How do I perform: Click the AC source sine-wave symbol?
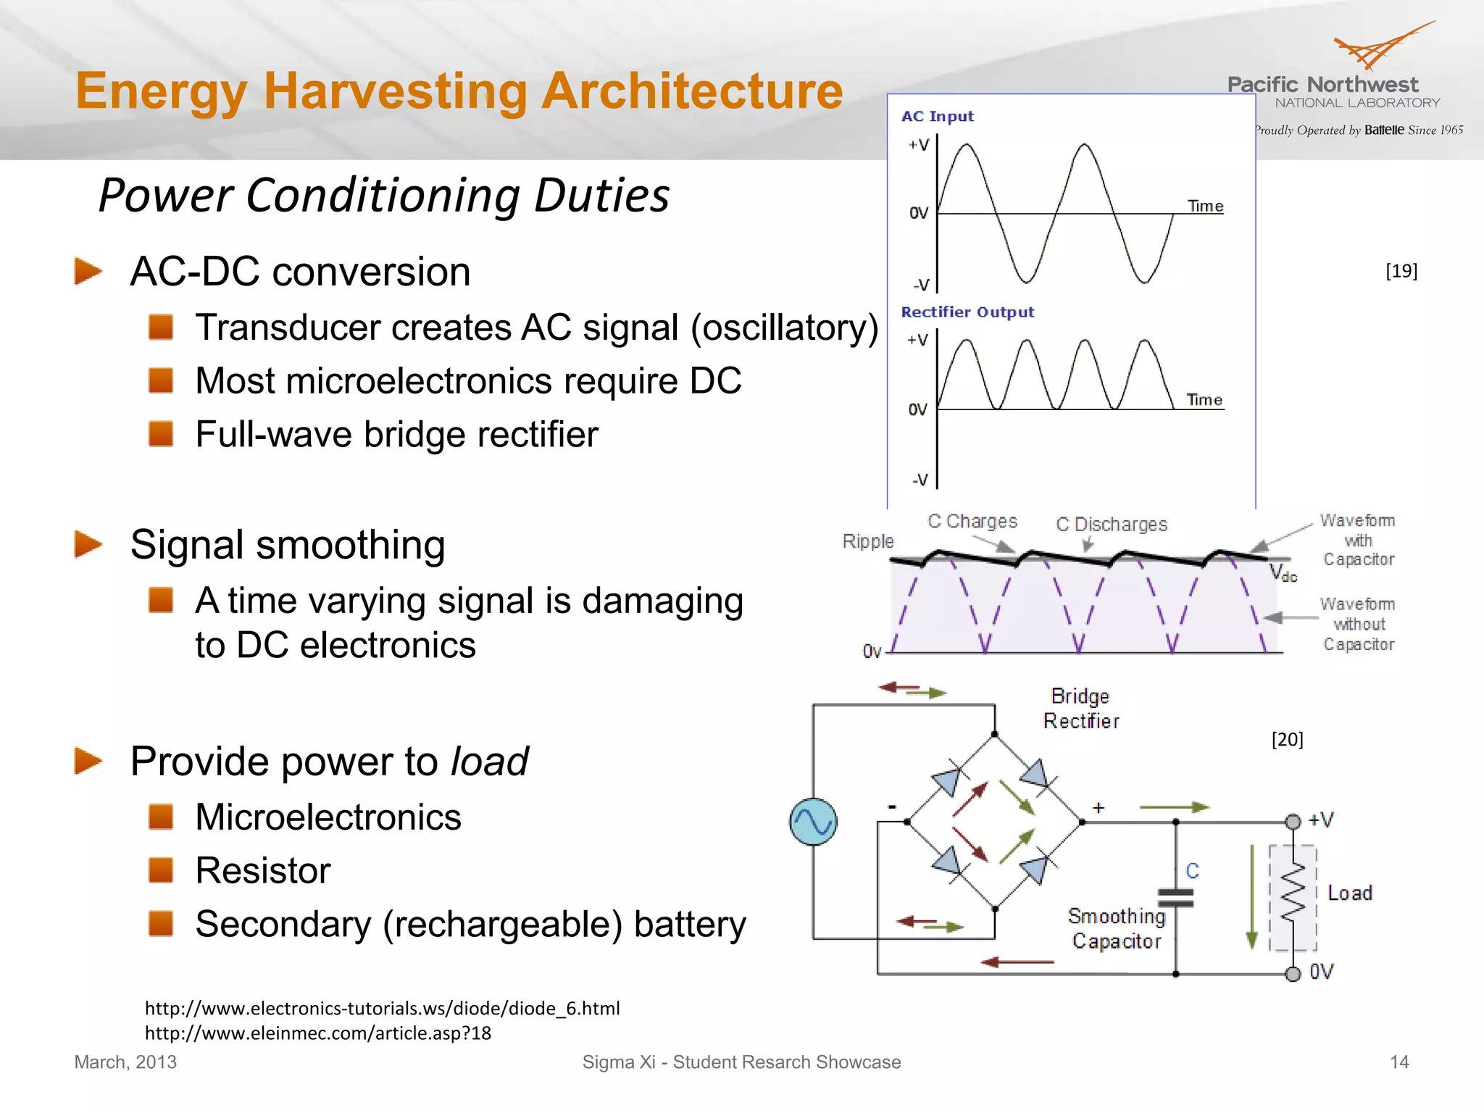click(813, 822)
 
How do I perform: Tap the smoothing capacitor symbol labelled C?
click(1175, 899)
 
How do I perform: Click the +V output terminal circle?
click(1293, 822)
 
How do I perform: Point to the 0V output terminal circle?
click(1293, 974)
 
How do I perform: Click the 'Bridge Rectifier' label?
click(1080, 709)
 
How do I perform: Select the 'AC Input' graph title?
click(937, 117)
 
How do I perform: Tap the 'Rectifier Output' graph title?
click(967, 312)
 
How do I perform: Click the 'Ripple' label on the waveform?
click(867, 541)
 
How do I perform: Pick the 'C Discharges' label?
click(1112, 525)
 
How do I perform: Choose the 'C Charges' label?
click(972, 522)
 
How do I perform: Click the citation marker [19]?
click(1401, 271)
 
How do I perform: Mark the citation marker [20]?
click(1287, 739)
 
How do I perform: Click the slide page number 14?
click(1399, 1062)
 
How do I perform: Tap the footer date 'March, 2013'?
click(125, 1062)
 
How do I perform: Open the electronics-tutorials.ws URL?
click(382, 1009)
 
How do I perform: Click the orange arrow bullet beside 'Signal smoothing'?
click(88, 544)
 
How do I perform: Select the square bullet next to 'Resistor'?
click(161, 870)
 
